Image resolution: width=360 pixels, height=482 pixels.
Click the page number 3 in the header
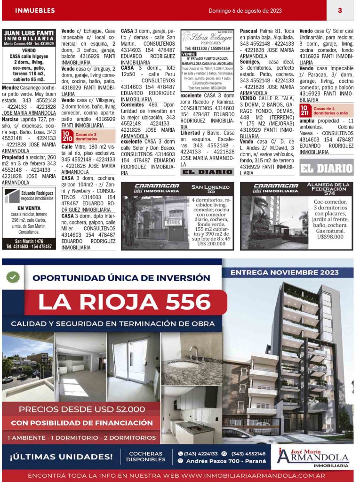339,10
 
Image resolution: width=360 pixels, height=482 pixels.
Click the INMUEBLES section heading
35,10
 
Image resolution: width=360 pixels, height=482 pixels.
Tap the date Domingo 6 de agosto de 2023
245,10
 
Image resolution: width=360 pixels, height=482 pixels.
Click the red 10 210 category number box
67,137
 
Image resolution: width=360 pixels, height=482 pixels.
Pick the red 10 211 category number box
304,111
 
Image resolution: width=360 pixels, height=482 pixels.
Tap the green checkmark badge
13,277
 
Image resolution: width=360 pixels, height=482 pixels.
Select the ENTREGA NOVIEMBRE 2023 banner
291,273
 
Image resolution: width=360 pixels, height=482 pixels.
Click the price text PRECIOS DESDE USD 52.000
82,409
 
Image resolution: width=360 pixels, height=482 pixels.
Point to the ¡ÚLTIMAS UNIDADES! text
61,456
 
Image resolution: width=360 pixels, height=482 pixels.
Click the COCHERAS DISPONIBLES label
145,457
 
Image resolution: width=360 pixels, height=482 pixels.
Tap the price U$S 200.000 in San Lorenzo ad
211,243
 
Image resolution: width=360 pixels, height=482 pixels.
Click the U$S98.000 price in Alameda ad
329,237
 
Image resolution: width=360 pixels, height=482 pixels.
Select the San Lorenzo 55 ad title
211,188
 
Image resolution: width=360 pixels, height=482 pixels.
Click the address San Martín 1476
29,241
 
